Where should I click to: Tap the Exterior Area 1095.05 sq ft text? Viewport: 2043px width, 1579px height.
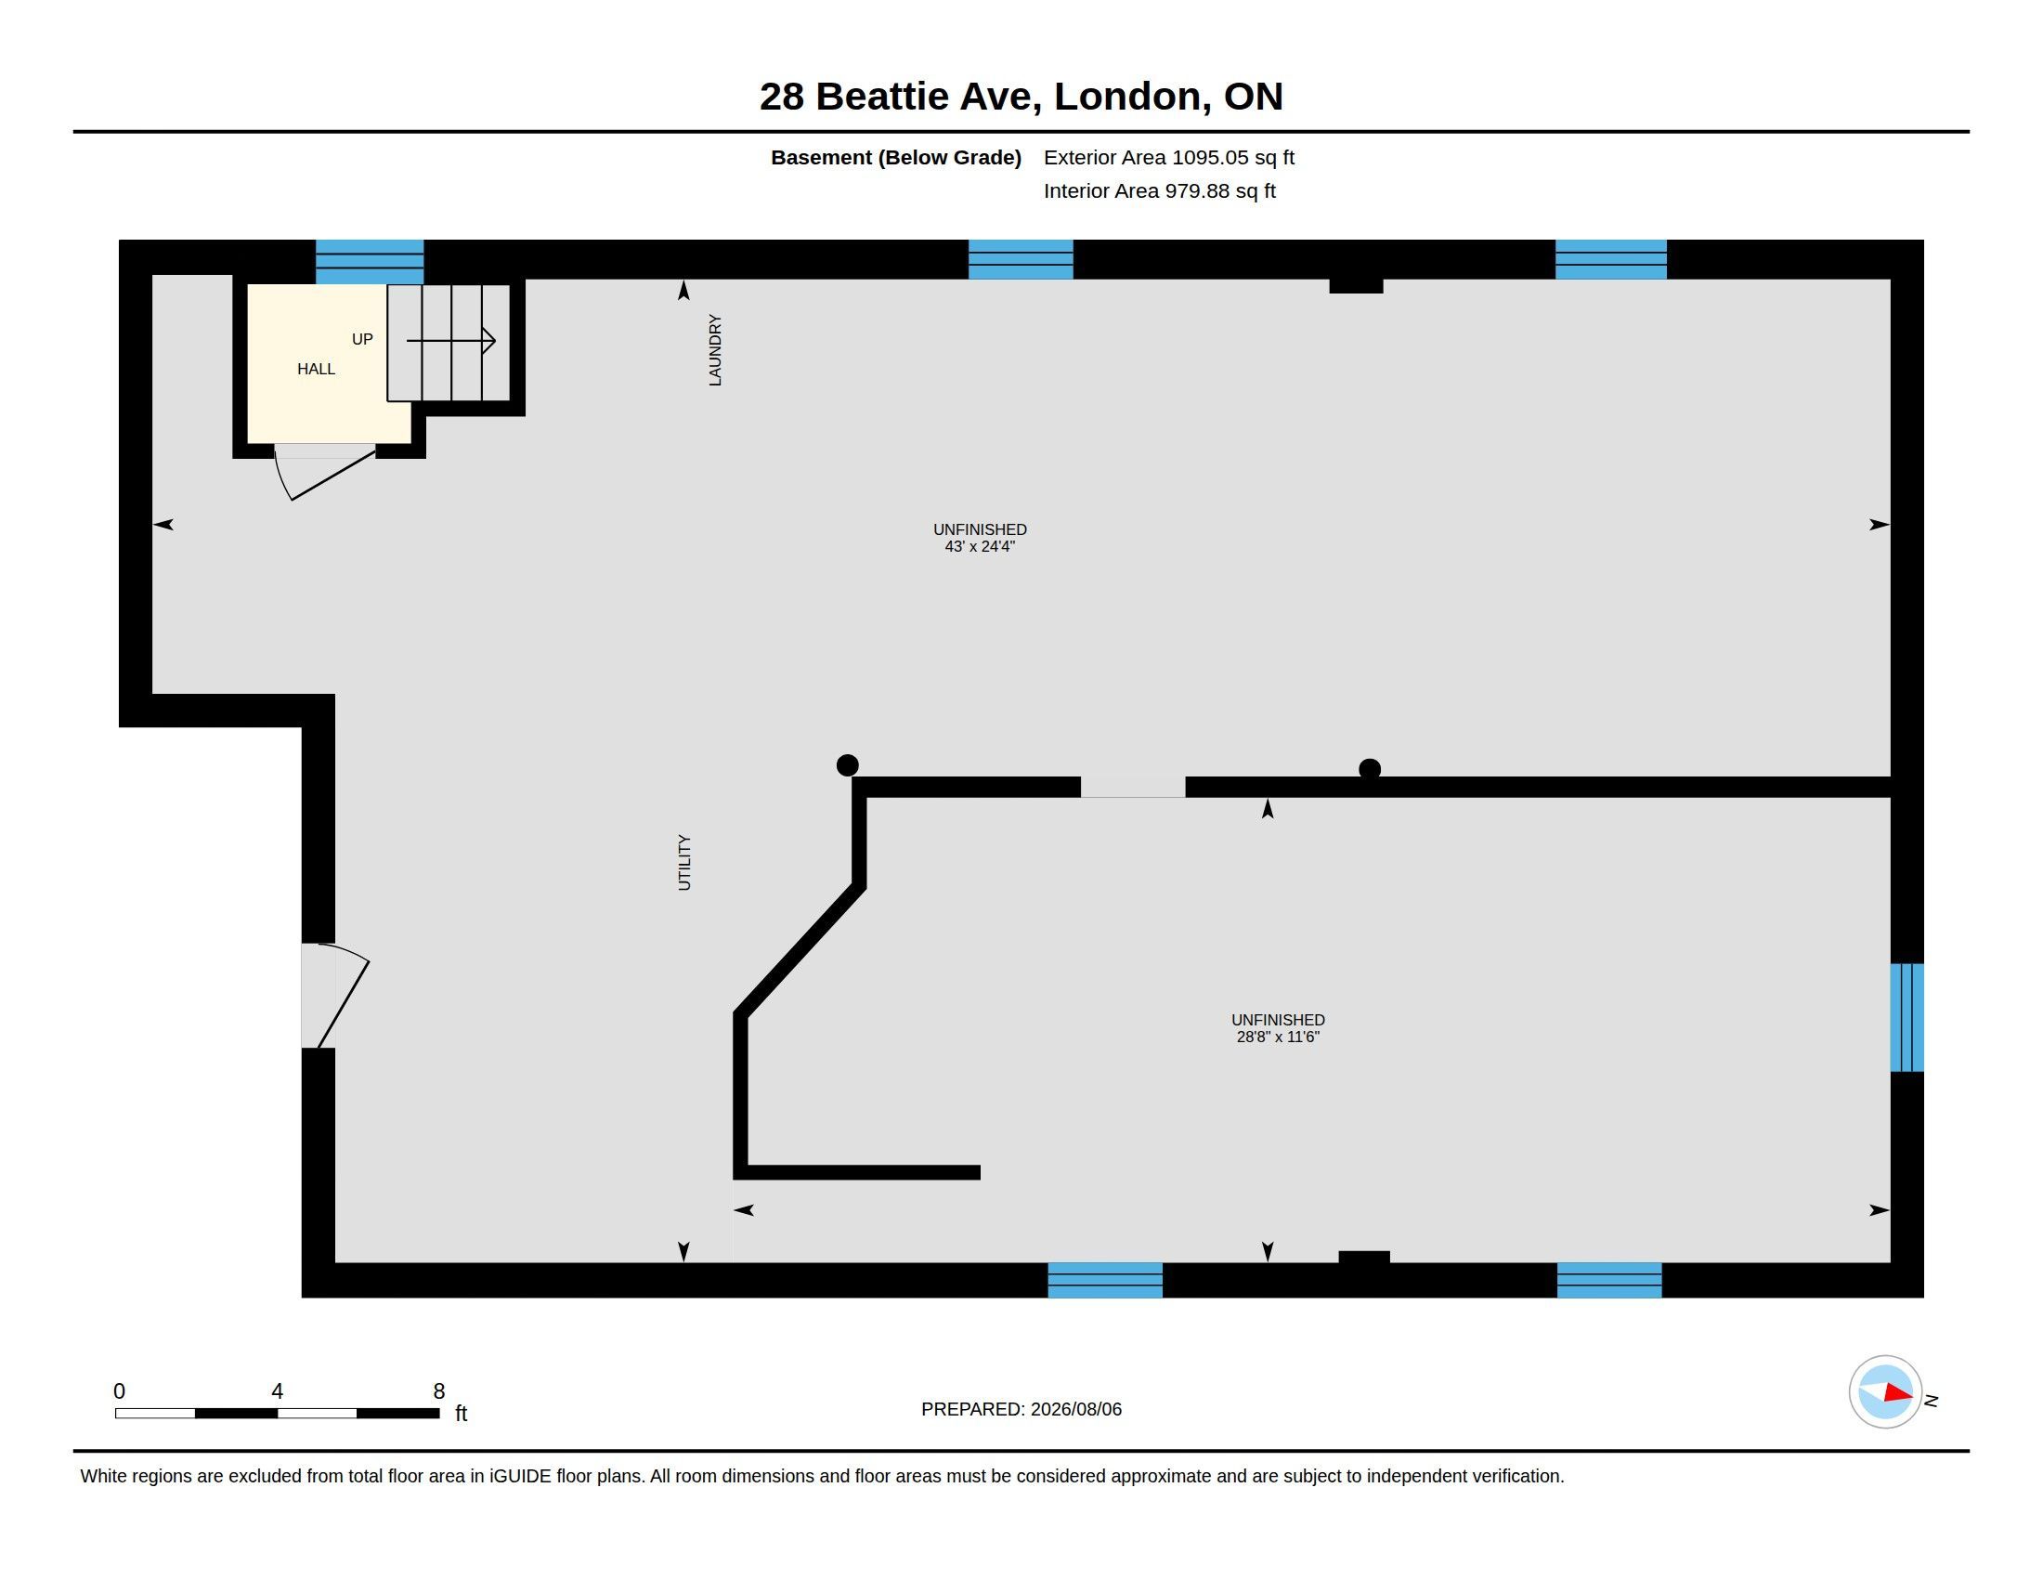pos(1168,157)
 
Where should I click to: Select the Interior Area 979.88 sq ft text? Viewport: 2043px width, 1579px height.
pos(1159,190)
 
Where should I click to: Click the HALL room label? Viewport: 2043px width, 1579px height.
pos(316,369)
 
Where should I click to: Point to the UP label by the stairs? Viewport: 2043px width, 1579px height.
pos(362,339)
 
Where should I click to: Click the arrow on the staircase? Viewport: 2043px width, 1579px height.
pos(451,341)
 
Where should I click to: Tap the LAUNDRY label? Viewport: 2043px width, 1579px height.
pos(716,350)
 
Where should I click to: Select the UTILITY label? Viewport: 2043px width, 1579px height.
pos(683,863)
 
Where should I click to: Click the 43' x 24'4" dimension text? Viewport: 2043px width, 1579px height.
pos(980,546)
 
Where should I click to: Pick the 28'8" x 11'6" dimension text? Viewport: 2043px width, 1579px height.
pos(1278,1037)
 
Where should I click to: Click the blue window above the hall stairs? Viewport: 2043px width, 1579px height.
pos(370,262)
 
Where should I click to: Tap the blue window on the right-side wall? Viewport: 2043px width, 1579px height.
pos(1907,1018)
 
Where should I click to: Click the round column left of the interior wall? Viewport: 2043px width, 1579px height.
pos(848,765)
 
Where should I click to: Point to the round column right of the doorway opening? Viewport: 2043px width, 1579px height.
pos(1370,769)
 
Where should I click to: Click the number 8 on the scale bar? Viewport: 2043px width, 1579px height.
pos(438,1391)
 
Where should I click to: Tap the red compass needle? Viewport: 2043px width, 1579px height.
pos(1899,1393)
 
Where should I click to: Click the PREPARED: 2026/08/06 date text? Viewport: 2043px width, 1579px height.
pos(1021,1409)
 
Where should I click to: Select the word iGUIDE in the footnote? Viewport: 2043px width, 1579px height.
pos(520,1476)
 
